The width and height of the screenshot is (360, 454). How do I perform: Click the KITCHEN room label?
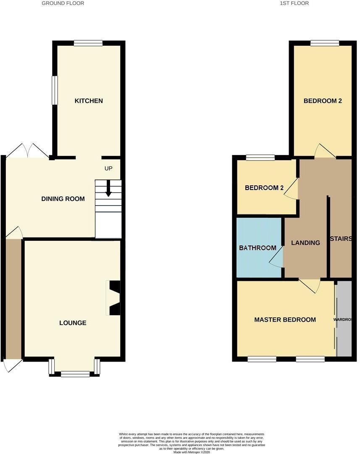pyautogui.click(x=89, y=101)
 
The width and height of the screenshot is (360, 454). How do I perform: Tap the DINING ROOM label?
pyautogui.click(x=63, y=199)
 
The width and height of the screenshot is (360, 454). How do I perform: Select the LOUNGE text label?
pyautogui.click(x=73, y=323)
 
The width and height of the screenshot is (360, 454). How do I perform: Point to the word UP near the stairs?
pyautogui.click(x=108, y=168)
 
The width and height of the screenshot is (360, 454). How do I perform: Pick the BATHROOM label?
pyautogui.click(x=258, y=248)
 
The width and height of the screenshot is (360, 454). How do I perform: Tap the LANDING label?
pyautogui.click(x=305, y=243)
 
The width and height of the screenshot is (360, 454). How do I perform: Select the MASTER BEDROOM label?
pyautogui.click(x=285, y=320)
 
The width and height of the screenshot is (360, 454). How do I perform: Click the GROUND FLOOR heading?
pyautogui.click(x=63, y=3)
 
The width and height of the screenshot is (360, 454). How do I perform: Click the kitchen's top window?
pyautogui.click(x=88, y=43)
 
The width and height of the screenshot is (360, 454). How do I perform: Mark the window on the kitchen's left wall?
pyautogui.click(x=55, y=90)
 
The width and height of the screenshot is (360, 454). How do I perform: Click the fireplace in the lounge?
pyautogui.click(x=114, y=298)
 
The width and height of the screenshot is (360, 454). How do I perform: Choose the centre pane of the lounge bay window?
pyautogui.click(x=75, y=374)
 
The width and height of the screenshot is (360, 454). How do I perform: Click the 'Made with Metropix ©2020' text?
pyautogui.click(x=191, y=452)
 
